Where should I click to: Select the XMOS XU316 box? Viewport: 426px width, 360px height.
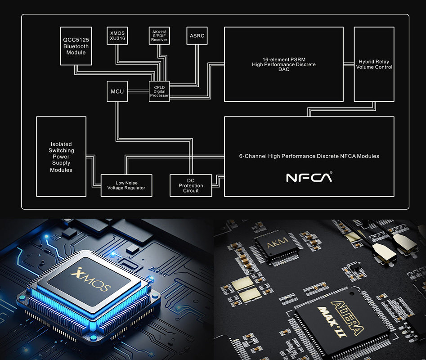coord(117,36)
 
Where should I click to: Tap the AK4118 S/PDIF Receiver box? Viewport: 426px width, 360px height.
coord(159,35)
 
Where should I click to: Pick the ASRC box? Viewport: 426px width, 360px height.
coord(197,35)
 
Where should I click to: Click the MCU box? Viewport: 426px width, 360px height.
coord(117,92)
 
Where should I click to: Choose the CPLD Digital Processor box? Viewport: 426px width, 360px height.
coord(159,91)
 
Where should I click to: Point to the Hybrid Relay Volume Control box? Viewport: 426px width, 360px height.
coord(374,64)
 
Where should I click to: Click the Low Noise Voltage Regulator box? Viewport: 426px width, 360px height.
coord(126,185)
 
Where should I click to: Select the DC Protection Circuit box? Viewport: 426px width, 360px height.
coord(191,185)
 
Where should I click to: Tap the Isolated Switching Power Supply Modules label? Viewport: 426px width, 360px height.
coord(61,157)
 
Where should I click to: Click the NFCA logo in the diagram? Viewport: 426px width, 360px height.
coord(309,177)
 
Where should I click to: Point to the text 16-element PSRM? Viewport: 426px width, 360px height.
coord(283,59)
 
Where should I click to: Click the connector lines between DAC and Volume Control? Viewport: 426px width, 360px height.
coord(348,64)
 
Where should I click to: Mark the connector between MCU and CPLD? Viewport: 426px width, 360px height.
coord(138,92)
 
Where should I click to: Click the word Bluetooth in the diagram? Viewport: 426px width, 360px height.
coord(76,46)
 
